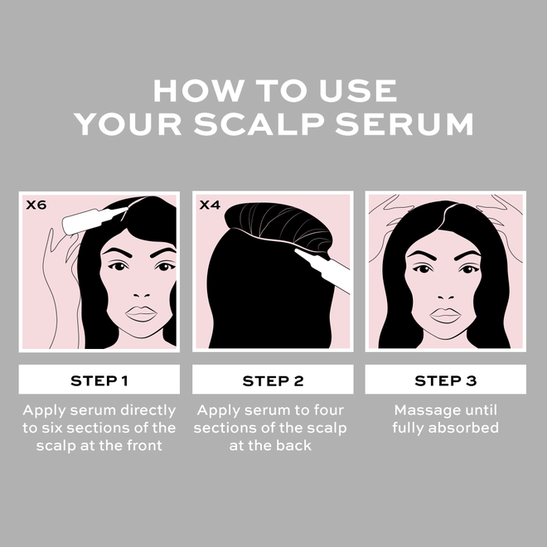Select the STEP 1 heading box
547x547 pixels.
[x=99, y=380]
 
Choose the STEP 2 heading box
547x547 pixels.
[x=273, y=380]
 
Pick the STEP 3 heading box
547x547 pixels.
[x=446, y=380]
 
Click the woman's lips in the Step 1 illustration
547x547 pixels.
[x=141, y=313]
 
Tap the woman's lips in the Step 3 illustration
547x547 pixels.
[x=446, y=315]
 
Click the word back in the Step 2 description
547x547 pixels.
[x=296, y=445]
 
